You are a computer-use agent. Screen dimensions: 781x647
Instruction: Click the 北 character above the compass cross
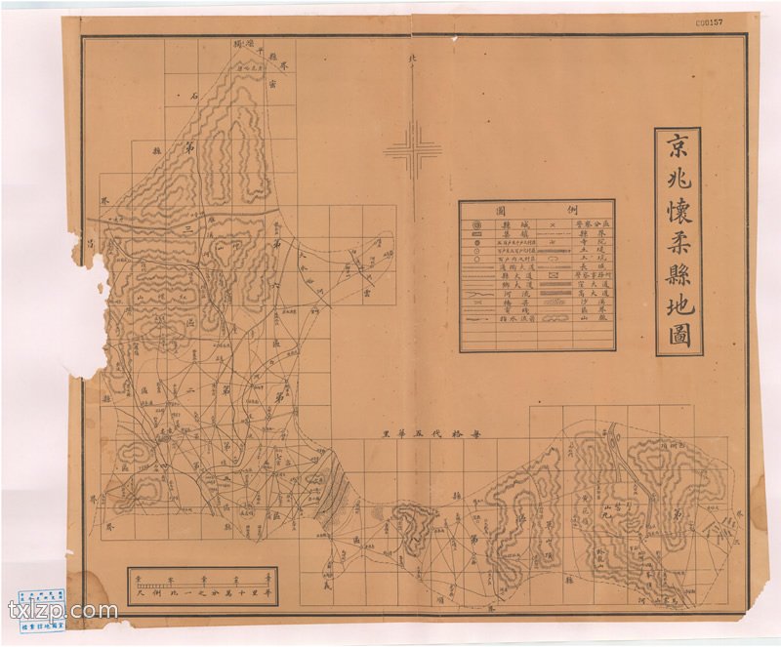tap(412, 61)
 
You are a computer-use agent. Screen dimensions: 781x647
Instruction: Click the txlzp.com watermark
tap(62, 613)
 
